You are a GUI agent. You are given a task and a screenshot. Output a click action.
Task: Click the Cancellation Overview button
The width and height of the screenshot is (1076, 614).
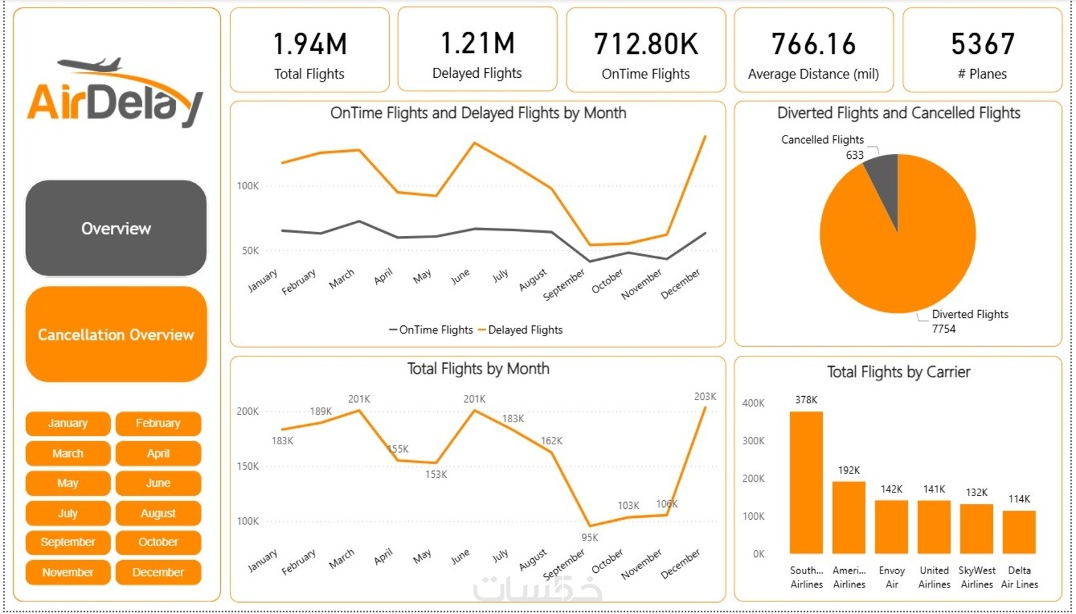(x=116, y=334)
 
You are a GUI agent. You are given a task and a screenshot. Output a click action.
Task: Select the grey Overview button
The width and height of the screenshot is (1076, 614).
(x=116, y=229)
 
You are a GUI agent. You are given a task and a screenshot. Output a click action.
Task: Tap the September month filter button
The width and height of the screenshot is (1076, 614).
(x=68, y=542)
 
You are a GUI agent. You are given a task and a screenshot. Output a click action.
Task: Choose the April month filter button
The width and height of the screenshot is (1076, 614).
(x=158, y=453)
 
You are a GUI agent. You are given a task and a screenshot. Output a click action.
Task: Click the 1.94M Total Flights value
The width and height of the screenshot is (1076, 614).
(x=310, y=44)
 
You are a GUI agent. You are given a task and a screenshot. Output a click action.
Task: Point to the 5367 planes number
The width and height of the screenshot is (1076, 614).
(x=982, y=44)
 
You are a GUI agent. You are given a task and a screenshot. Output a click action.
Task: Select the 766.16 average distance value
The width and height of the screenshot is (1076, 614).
(x=813, y=44)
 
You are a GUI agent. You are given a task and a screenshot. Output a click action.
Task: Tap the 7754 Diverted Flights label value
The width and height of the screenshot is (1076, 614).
(x=944, y=329)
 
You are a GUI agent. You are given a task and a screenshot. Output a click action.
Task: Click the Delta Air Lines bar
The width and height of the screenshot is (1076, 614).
(x=1019, y=532)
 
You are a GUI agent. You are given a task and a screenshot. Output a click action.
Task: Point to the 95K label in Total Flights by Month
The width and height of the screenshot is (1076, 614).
(x=589, y=537)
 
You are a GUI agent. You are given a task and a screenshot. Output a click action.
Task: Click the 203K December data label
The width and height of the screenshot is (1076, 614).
(x=705, y=396)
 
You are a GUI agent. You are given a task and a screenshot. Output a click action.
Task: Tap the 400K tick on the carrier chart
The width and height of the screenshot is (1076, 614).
(x=753, y=403)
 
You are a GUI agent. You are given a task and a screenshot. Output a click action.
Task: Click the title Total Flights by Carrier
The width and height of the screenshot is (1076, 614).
(x=898, y=372)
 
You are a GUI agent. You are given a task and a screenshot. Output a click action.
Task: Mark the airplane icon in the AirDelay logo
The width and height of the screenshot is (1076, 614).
(x=90, y=65)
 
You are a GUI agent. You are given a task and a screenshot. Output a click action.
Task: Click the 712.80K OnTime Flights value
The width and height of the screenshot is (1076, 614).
(x=646, y=44)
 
